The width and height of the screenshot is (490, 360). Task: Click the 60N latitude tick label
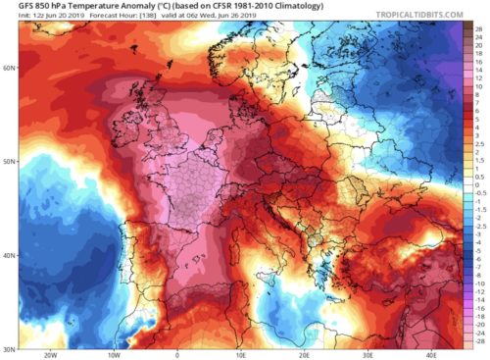[x=9, y=69]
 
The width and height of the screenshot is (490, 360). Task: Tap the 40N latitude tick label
[x=9, y=255]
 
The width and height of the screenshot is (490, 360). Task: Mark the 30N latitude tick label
[x=9, y=348]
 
